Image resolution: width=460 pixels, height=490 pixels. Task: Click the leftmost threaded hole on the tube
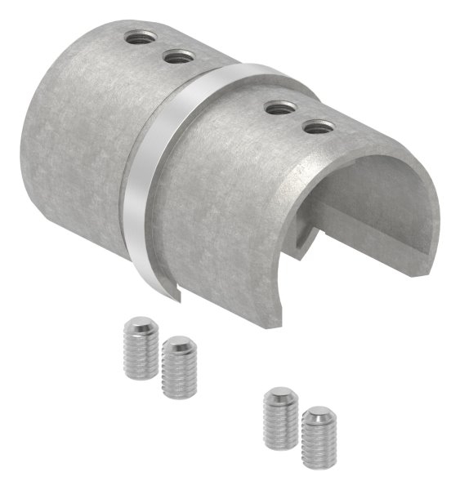(x=137, y=37)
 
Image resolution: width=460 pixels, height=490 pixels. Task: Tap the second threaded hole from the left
(x=178, y=56)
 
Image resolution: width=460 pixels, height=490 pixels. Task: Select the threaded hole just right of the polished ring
(x=279, y=106)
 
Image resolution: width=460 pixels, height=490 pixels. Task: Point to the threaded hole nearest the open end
(x=318, y=127)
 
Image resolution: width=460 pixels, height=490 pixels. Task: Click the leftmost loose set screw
(x=141, y=349)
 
